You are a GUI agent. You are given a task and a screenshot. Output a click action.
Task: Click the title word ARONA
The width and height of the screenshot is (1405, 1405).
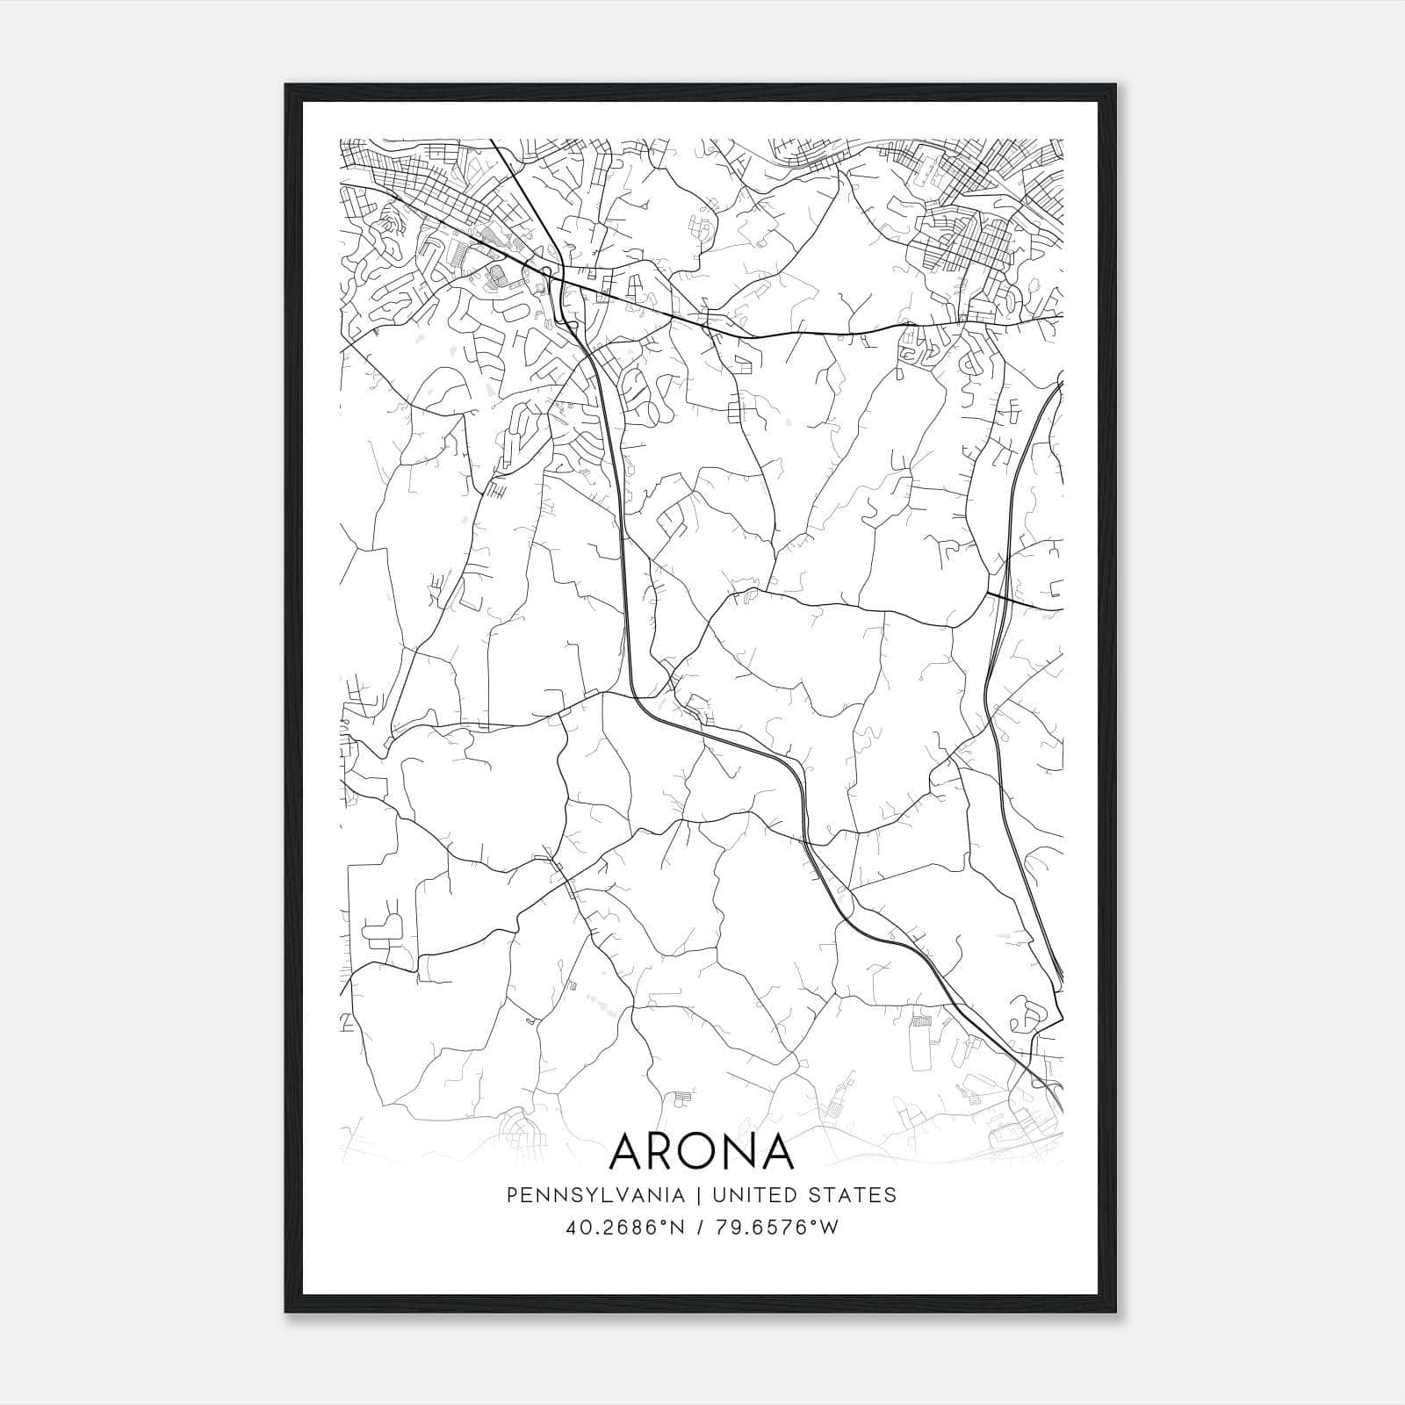(702, 1150)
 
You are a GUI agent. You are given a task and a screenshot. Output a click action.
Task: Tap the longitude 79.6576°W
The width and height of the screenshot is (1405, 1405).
(777, 1228)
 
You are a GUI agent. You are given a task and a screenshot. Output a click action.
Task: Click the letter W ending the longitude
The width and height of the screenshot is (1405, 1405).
(830, 1228)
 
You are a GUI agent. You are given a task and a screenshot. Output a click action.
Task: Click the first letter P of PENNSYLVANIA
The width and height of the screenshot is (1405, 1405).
(511, 1195)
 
